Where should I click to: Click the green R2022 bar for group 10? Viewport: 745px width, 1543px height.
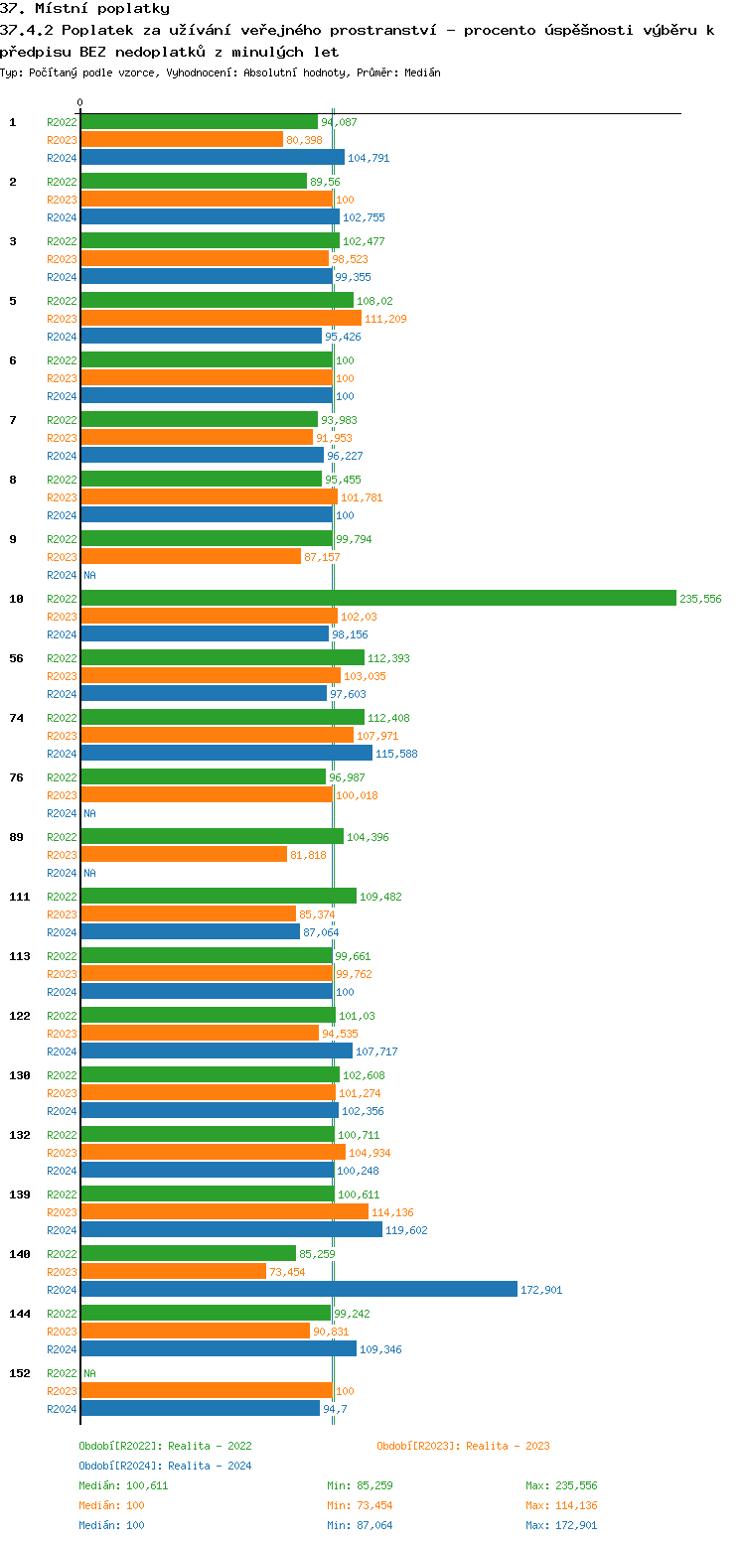[x=377, y=598]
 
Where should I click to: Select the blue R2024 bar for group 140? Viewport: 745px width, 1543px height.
[x=298, y=1289]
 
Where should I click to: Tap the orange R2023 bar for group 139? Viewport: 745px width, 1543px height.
[x=223, y=1211]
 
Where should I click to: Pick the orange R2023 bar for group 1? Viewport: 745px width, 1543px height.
[x=181, y=139]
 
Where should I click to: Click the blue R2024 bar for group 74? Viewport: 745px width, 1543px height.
[x=225, y=753]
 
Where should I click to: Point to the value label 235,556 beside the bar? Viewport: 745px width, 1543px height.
[x=700, y=599]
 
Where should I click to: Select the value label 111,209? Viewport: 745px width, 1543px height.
[x=385, y=319]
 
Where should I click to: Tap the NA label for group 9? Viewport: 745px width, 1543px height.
[x=89, y=575]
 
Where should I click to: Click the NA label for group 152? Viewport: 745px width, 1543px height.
[x=89, y=1373]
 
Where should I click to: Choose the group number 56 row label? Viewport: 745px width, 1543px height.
[x=16, y=658]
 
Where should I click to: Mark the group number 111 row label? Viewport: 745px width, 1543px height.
[x=19, y=897]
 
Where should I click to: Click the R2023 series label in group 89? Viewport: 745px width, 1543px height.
[x=62, y=855]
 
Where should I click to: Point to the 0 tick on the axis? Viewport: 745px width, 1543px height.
[x=80, y=102]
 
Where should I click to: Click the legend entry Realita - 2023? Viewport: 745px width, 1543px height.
[x=463, y=1446]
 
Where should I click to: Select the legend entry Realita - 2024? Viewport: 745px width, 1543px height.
[x=165, y=1466]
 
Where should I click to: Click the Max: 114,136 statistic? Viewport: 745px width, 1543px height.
[x=561, y=1505]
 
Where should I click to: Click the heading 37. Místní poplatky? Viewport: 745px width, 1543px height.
[x=84, y=9]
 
